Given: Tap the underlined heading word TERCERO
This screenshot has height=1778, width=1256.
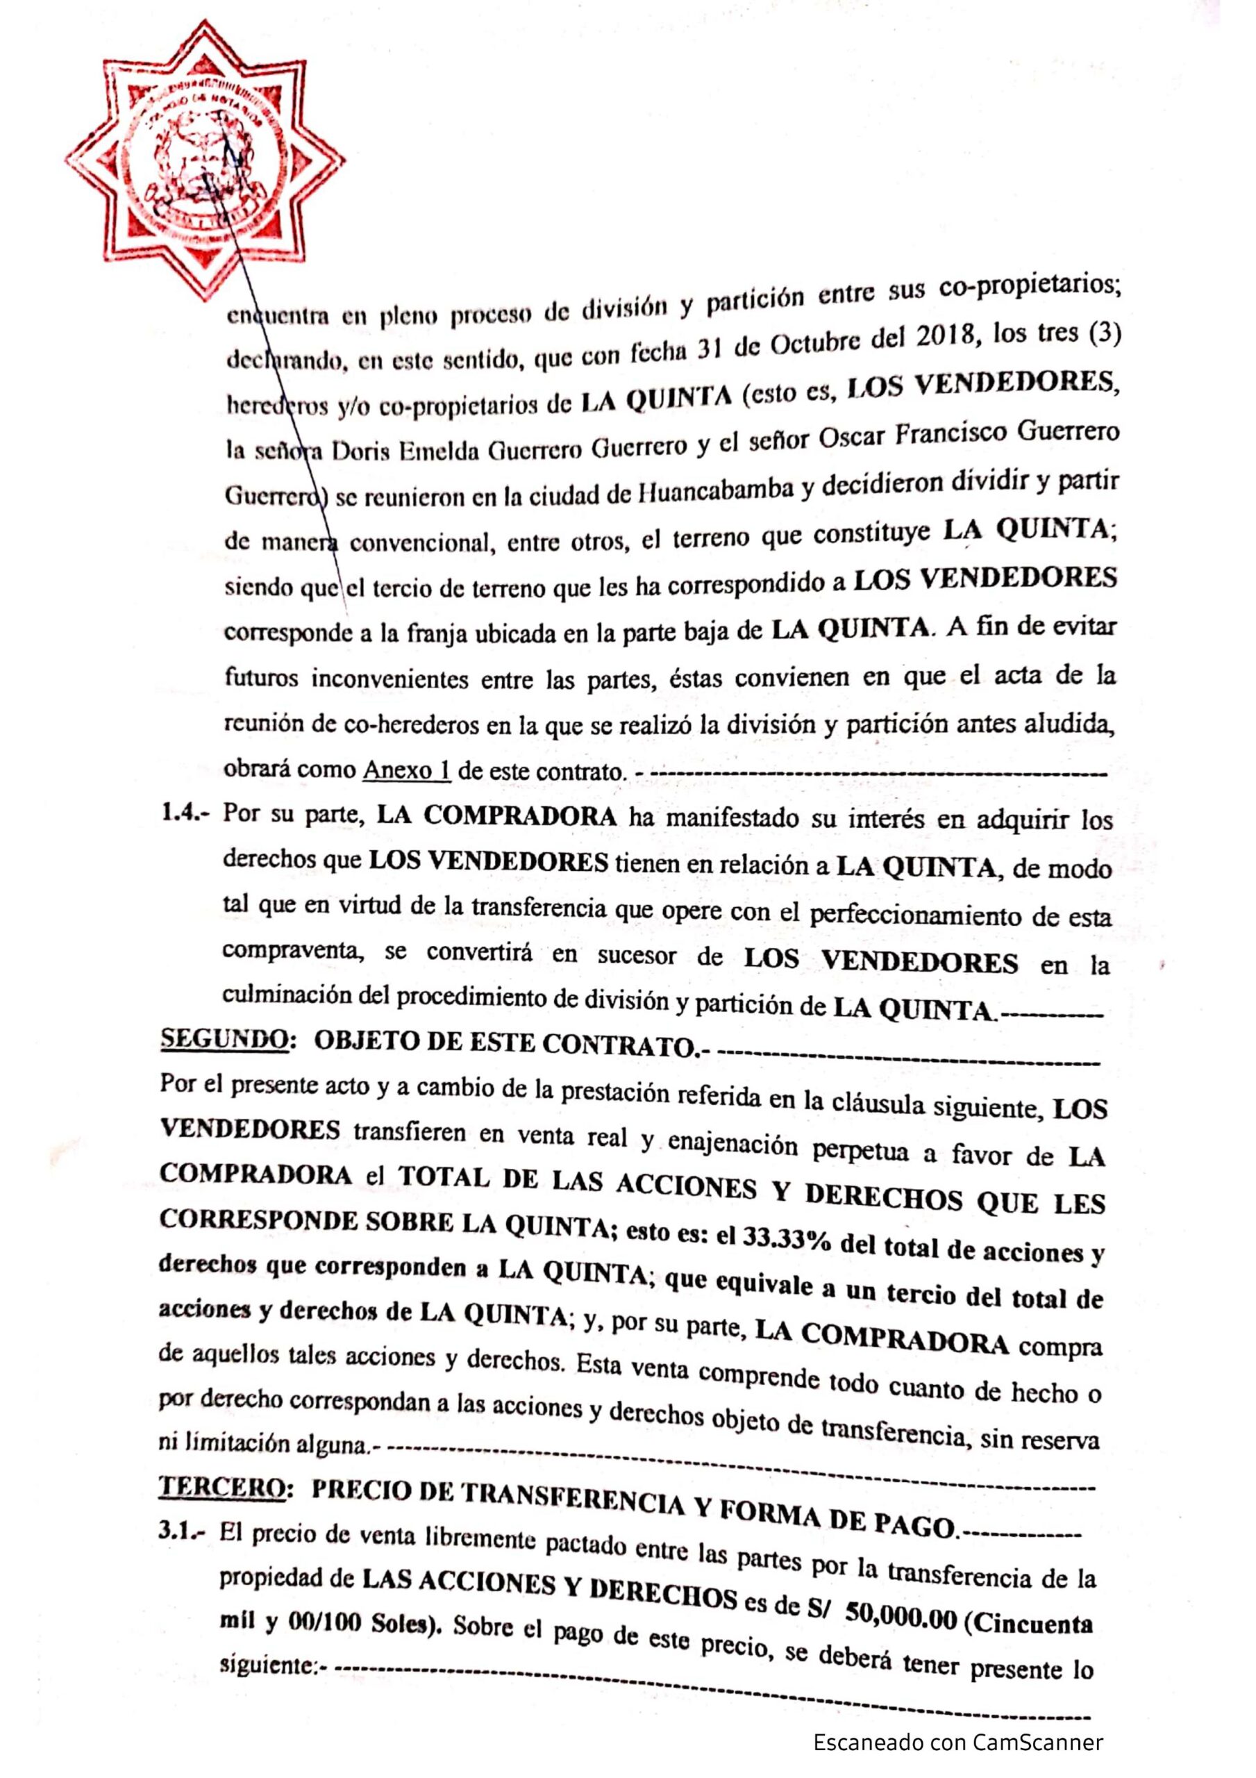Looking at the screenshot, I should point(221,1487).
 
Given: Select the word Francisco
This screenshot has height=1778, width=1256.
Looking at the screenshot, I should point(970,435).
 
